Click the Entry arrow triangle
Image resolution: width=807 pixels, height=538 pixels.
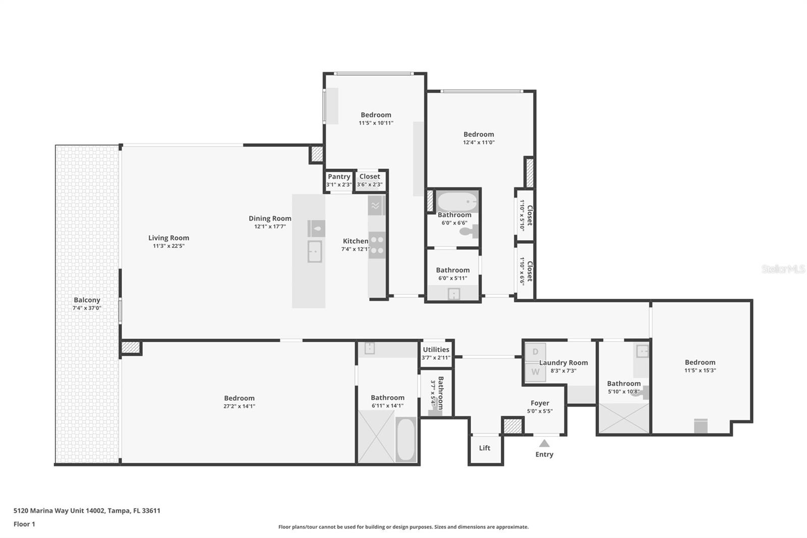[x=544, y=444]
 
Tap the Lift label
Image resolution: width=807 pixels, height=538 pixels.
[x=485, y=448]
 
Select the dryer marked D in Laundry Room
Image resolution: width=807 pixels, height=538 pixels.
[x=535, y=352]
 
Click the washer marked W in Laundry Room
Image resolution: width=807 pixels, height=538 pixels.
[x=535, y=372]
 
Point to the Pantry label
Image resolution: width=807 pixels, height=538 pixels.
[x=339, y=177]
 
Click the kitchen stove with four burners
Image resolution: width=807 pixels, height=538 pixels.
[x=377, y=245]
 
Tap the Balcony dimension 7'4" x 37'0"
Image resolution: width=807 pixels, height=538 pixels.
[x=87, y=308]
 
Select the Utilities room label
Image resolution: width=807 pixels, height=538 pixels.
[x=436, y=350]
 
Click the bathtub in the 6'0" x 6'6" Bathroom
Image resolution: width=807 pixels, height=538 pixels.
[x=457, y=201]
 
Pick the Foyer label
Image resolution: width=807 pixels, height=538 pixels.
[x=540, y=403]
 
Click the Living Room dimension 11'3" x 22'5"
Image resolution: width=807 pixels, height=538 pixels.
[x=168, y=246]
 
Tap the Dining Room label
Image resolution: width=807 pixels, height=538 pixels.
[x=270, y=219]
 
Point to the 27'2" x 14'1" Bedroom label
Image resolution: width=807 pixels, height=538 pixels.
[x=239, y=398]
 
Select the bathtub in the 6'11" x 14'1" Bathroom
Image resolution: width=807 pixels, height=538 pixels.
[x=406, y=439]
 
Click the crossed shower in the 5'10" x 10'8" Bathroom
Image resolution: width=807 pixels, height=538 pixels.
[x=623, y=417]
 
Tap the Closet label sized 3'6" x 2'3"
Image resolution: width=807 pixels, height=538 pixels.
[x=370, y=177]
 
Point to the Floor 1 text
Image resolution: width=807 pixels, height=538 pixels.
[x=24, y=524]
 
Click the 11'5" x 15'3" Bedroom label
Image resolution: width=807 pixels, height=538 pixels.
[x=700, y=362]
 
